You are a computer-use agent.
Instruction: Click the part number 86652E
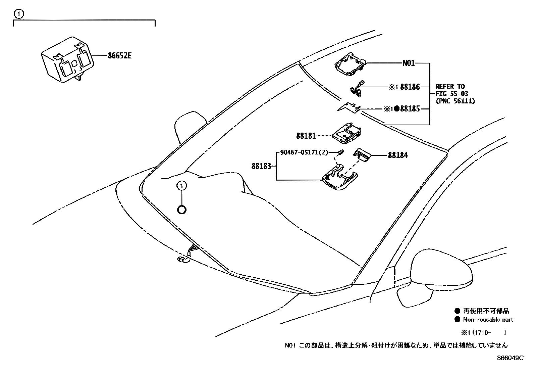coord(119,56)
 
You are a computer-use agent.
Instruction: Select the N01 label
coord(408,63)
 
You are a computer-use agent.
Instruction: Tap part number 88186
coord(410,87)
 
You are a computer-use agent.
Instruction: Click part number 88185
coord(410,109)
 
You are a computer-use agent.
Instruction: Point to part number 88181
coord(306,136)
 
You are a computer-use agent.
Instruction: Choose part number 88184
coord(398,155)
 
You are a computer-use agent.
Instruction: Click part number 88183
coord(261,166)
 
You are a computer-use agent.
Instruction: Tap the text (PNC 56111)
coord(455,101)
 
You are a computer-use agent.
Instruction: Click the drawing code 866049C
coord(510,358)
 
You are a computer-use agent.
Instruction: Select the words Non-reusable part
coord(488,320)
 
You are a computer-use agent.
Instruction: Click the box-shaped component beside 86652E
coord(67,60)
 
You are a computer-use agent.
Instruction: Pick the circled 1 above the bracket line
coord(19,14)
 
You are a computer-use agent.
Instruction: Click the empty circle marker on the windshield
coord(181,210)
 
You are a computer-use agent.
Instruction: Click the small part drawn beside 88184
coord(362,154)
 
